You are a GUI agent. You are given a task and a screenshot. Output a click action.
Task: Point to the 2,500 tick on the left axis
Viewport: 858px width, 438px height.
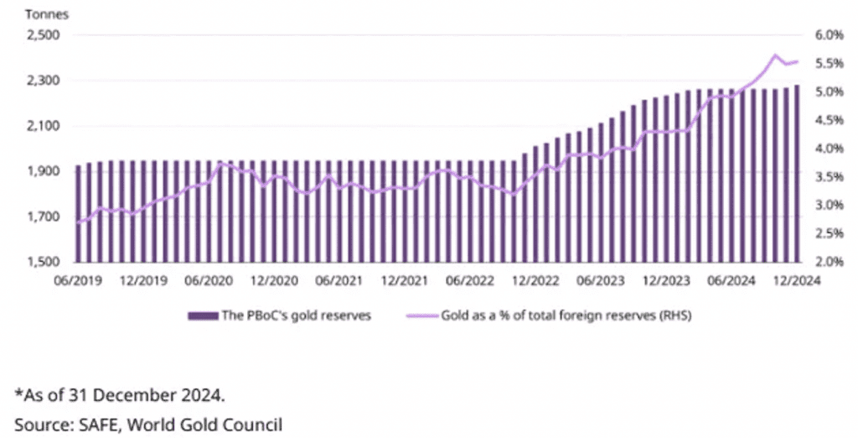(x=38, y=35)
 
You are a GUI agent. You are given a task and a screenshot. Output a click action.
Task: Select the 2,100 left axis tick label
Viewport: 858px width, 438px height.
(x=38, y=126)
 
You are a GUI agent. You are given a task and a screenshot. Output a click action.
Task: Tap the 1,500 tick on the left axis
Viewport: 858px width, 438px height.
(x=38, y=262)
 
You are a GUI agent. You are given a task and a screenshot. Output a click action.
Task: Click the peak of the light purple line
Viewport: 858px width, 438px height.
(x=774, y=55)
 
